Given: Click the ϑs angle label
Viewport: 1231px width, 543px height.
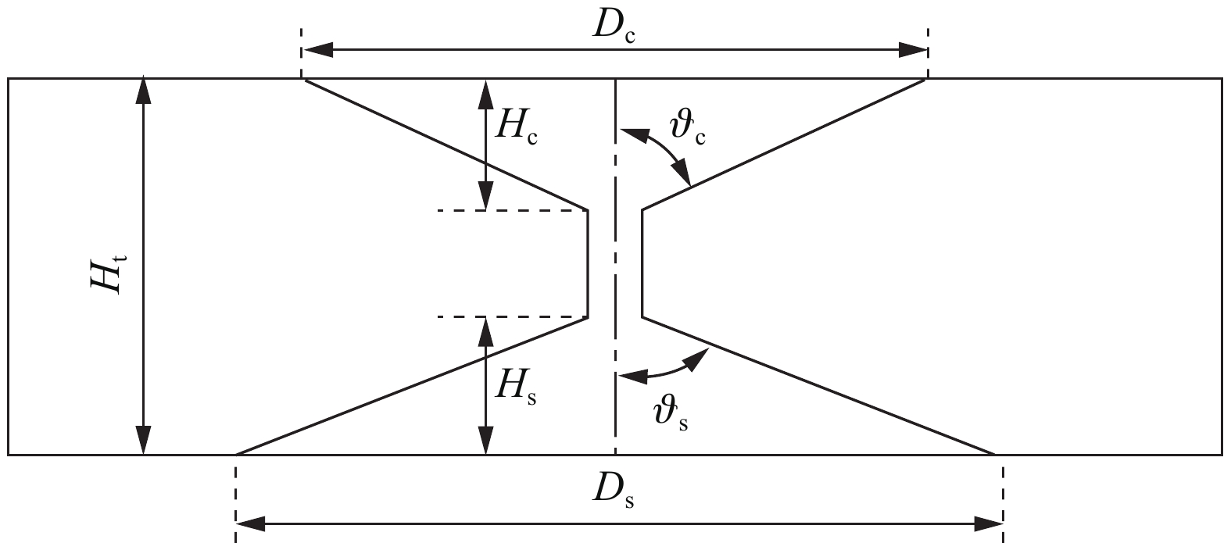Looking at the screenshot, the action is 671,414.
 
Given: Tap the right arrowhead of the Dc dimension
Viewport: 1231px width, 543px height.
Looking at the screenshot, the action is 913,50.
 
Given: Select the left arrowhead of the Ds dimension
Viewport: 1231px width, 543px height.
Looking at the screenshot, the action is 251,523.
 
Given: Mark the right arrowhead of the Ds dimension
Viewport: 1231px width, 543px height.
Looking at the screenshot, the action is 988,523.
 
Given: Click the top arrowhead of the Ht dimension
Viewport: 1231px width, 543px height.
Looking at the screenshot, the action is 144,91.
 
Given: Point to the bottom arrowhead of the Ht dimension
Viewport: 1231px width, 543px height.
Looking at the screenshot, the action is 144,440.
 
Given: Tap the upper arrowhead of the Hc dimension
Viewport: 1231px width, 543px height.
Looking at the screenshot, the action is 485,95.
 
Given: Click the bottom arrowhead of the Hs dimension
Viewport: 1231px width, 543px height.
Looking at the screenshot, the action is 485,440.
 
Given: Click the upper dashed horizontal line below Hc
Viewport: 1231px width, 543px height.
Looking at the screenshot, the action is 512,210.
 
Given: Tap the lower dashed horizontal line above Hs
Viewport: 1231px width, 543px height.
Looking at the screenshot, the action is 512,317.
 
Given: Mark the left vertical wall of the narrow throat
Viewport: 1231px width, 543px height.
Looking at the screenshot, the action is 588,264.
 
